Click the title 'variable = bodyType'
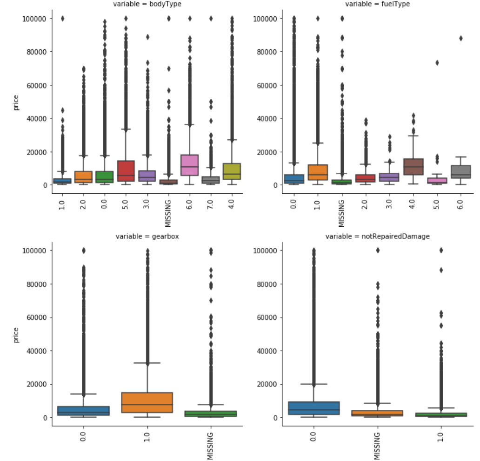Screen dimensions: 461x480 [147, 4]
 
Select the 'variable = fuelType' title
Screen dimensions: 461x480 [377, 4]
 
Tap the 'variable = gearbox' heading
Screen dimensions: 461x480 [147, 236]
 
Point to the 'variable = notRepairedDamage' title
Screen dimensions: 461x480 [377, 236]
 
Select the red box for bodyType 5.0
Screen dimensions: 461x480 [126, 171]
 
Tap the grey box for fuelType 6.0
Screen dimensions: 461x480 [460, 172]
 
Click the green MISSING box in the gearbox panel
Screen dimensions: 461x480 [211, 414]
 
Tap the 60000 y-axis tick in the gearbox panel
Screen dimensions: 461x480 [35, 318]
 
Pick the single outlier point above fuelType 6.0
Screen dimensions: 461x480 [460, 39]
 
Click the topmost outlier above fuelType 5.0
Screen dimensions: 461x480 [436, 62]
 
